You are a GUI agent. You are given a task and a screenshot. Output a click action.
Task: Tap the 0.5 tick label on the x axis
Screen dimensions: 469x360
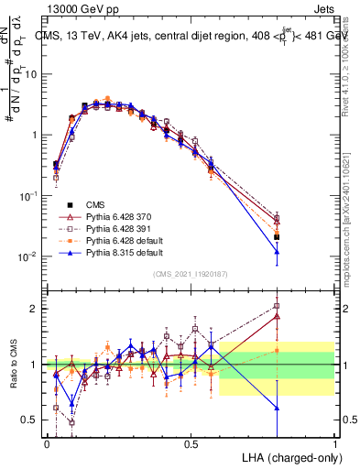[191, 444]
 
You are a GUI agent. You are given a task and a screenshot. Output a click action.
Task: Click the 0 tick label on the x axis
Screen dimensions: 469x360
[47, 444]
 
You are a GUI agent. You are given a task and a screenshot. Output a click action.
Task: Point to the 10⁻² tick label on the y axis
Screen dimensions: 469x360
[27, 257]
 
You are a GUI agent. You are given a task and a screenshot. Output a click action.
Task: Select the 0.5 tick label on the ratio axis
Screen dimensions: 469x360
[31, 420]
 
